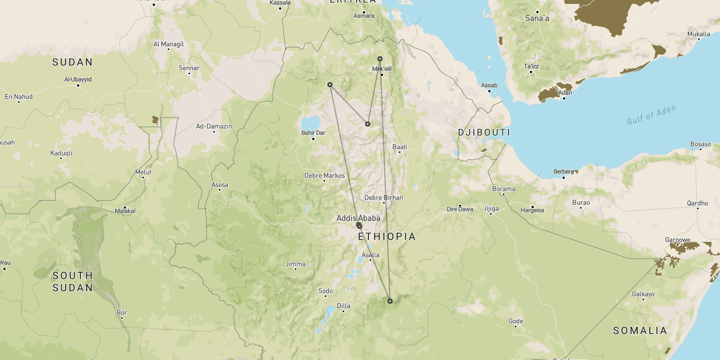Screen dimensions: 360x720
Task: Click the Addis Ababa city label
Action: (358, 218)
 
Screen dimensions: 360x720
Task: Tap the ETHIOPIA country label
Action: (387, 237)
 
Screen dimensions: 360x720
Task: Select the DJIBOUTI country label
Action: (484, 133)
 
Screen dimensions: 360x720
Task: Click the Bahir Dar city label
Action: (313, 133)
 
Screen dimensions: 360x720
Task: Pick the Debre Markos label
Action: (325, 175)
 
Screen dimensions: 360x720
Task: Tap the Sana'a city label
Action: (537, 19)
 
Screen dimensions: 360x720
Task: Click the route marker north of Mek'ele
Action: (380, 58)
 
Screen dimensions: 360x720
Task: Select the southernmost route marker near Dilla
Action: (390, 301)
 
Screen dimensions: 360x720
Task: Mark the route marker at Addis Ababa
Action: (359, 226)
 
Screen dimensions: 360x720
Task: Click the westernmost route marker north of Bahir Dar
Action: (330, 85)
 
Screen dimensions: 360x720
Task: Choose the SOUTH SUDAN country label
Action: (73, 281)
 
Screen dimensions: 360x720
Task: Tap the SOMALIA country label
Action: (640, 331)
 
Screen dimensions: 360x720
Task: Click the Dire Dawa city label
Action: (460, 209)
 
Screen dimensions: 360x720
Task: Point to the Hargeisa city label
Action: (532, 210)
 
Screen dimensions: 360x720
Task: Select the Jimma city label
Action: (295, 264)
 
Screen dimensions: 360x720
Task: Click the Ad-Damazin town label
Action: (214, 127)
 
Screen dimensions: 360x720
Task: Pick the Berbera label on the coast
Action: (564, 172)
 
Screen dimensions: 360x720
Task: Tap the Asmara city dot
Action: (364, 12)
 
